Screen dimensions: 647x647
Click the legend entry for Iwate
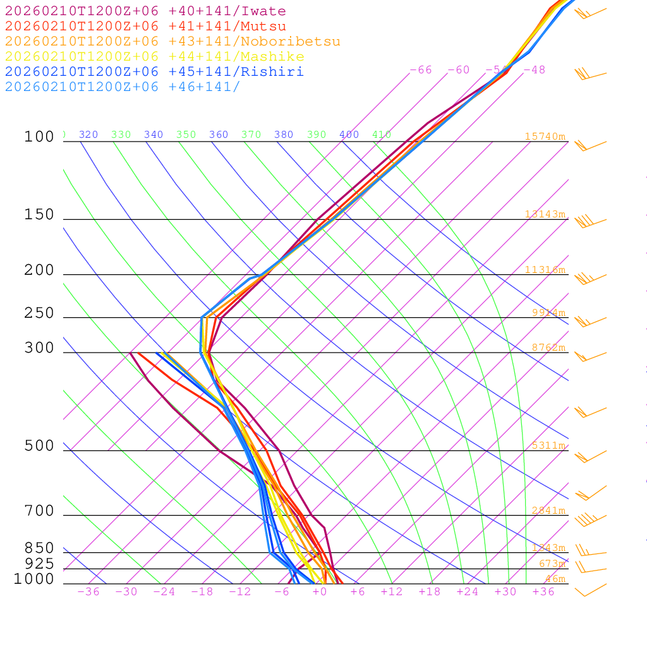[145, 11]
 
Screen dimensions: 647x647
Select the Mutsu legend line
[145, 27]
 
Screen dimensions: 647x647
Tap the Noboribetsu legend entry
[172, 42]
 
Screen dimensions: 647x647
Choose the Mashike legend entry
[155, 57]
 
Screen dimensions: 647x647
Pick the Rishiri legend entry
[155, 71]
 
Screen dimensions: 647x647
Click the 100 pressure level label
[39, 136]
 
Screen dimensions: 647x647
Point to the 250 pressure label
[39, 313]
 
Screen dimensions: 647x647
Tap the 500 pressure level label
[39, 446]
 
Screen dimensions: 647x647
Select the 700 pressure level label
[39, 511]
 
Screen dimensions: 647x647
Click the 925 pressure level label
[39, 564]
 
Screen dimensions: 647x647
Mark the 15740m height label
[545, 136]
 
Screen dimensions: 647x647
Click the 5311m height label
[548, 445]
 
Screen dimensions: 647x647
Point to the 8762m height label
[548, 347]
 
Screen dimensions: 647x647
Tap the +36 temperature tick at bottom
[543, 592]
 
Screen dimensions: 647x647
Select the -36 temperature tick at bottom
[88, 592]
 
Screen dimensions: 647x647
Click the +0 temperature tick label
[320, 592]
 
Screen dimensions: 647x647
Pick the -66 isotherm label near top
[421, 70]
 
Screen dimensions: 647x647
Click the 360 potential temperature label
[219, 135]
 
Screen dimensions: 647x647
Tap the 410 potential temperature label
[382, 135]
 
